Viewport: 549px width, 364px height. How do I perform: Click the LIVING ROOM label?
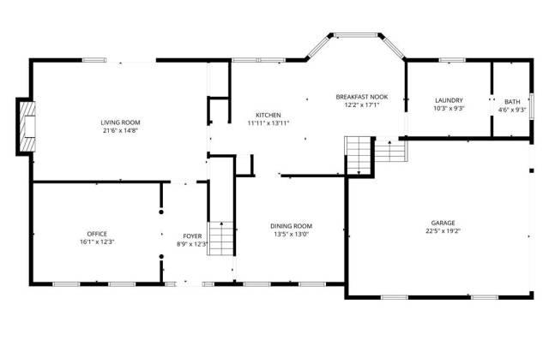pos(120,122)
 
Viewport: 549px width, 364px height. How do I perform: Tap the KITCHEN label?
pos(268,115)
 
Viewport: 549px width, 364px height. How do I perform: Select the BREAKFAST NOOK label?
pos(362,97)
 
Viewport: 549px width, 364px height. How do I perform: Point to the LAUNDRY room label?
pos(449,100)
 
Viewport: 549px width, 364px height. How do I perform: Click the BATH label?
pos(512,102)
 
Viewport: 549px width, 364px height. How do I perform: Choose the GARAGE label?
pos(443,223)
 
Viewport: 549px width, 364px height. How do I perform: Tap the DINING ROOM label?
pos(292,226)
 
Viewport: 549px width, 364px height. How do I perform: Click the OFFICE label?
pos(97,234)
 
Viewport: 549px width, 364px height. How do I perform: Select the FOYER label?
pos(192,236)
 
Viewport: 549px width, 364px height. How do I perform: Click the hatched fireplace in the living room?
pos(27,127)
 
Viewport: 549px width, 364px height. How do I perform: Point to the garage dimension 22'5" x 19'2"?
pos(443,230)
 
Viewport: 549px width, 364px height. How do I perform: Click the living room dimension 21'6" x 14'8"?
pos(120,131)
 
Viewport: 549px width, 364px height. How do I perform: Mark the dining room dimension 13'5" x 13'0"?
pos(292,235)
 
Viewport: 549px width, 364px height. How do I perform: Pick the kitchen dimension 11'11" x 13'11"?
pos(268,123)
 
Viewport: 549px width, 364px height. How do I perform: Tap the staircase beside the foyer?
pos(221,238)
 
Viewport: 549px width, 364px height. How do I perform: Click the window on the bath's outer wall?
pos(532,106)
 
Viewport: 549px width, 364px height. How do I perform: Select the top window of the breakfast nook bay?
pos(355,35)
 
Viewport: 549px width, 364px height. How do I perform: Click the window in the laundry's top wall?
pos(452,60)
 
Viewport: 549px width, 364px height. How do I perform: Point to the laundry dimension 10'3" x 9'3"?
pos(449,109)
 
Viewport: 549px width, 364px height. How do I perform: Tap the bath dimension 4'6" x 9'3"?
pos(512,110)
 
